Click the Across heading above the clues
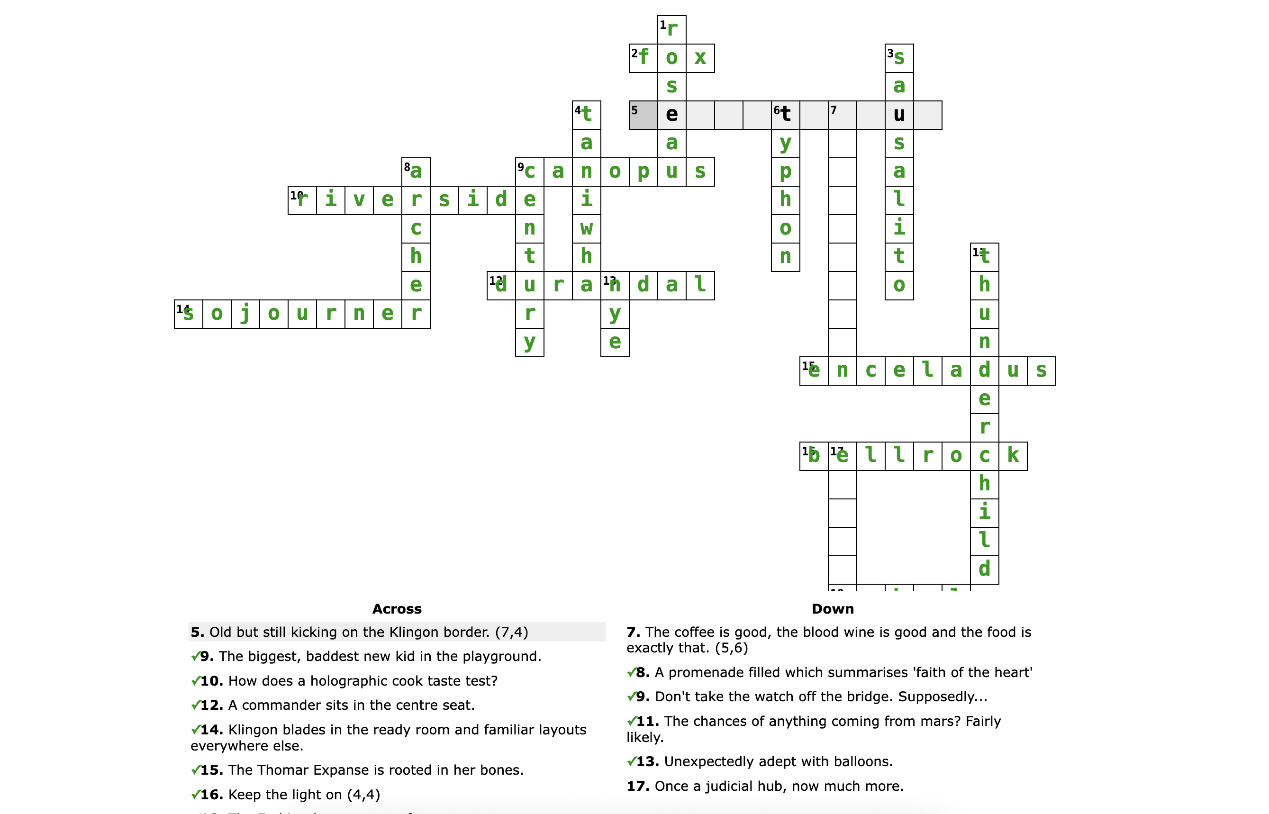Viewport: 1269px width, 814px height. pos(397,609)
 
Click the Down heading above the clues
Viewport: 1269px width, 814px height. pos(833,609)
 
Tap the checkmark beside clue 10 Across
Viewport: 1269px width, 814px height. pos(195,681)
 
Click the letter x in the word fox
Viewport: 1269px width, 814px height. pos(700,58)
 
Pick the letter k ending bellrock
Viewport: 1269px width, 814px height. pos(1013,456)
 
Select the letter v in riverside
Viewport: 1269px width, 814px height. pos(359,200)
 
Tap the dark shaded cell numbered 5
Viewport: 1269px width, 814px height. pos(643,115)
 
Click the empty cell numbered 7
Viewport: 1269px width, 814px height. pos(843,115)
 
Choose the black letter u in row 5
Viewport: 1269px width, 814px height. pos(899,115)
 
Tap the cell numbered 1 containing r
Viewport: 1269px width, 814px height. pos(672,29)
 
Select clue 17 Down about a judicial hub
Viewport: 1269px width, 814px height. pos(765,786)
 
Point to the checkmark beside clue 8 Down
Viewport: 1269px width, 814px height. pos(631,672)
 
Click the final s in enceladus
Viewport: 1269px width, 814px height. pos(1041,371)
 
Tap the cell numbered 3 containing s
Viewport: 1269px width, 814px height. pos(899,58)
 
